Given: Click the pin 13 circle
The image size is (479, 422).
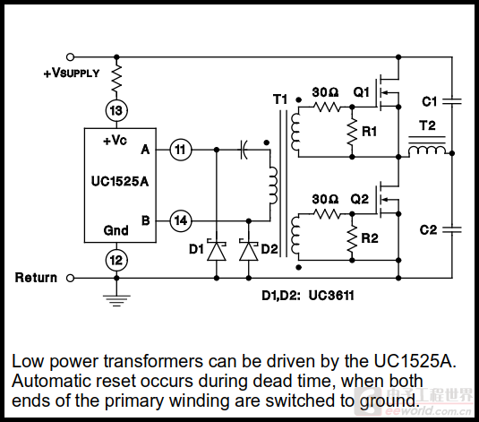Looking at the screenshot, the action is tap(116, 110).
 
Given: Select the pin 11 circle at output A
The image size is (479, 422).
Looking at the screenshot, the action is tap(181, 150).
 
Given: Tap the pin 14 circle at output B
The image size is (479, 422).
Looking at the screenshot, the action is tap(181, 220).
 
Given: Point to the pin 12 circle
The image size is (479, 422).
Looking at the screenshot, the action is tap(116, 260).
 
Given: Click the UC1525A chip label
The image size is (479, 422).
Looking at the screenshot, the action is tap(120, 181).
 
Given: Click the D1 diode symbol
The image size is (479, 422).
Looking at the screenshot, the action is tap(217, 250).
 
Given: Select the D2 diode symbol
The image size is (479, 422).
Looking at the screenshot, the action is tap(249, 250).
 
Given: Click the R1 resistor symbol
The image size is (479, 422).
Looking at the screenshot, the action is tap(352, 132).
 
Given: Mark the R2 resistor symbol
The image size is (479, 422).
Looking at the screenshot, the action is tap(352, 238).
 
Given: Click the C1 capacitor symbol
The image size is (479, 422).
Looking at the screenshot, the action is tap(452, 101).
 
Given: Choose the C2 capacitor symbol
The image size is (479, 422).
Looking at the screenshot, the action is tap(452, 229).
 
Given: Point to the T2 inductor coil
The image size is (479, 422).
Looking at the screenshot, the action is tap(427, 150).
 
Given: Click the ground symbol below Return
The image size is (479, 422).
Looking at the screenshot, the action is tap(116, 300).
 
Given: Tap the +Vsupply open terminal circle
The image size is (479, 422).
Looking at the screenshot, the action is tap(70, 56).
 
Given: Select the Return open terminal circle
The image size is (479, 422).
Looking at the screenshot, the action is tap(70, 279).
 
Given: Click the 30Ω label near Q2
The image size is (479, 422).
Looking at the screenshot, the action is tap(325, 199).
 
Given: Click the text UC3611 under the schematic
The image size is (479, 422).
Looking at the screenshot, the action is tap(331, 296).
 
